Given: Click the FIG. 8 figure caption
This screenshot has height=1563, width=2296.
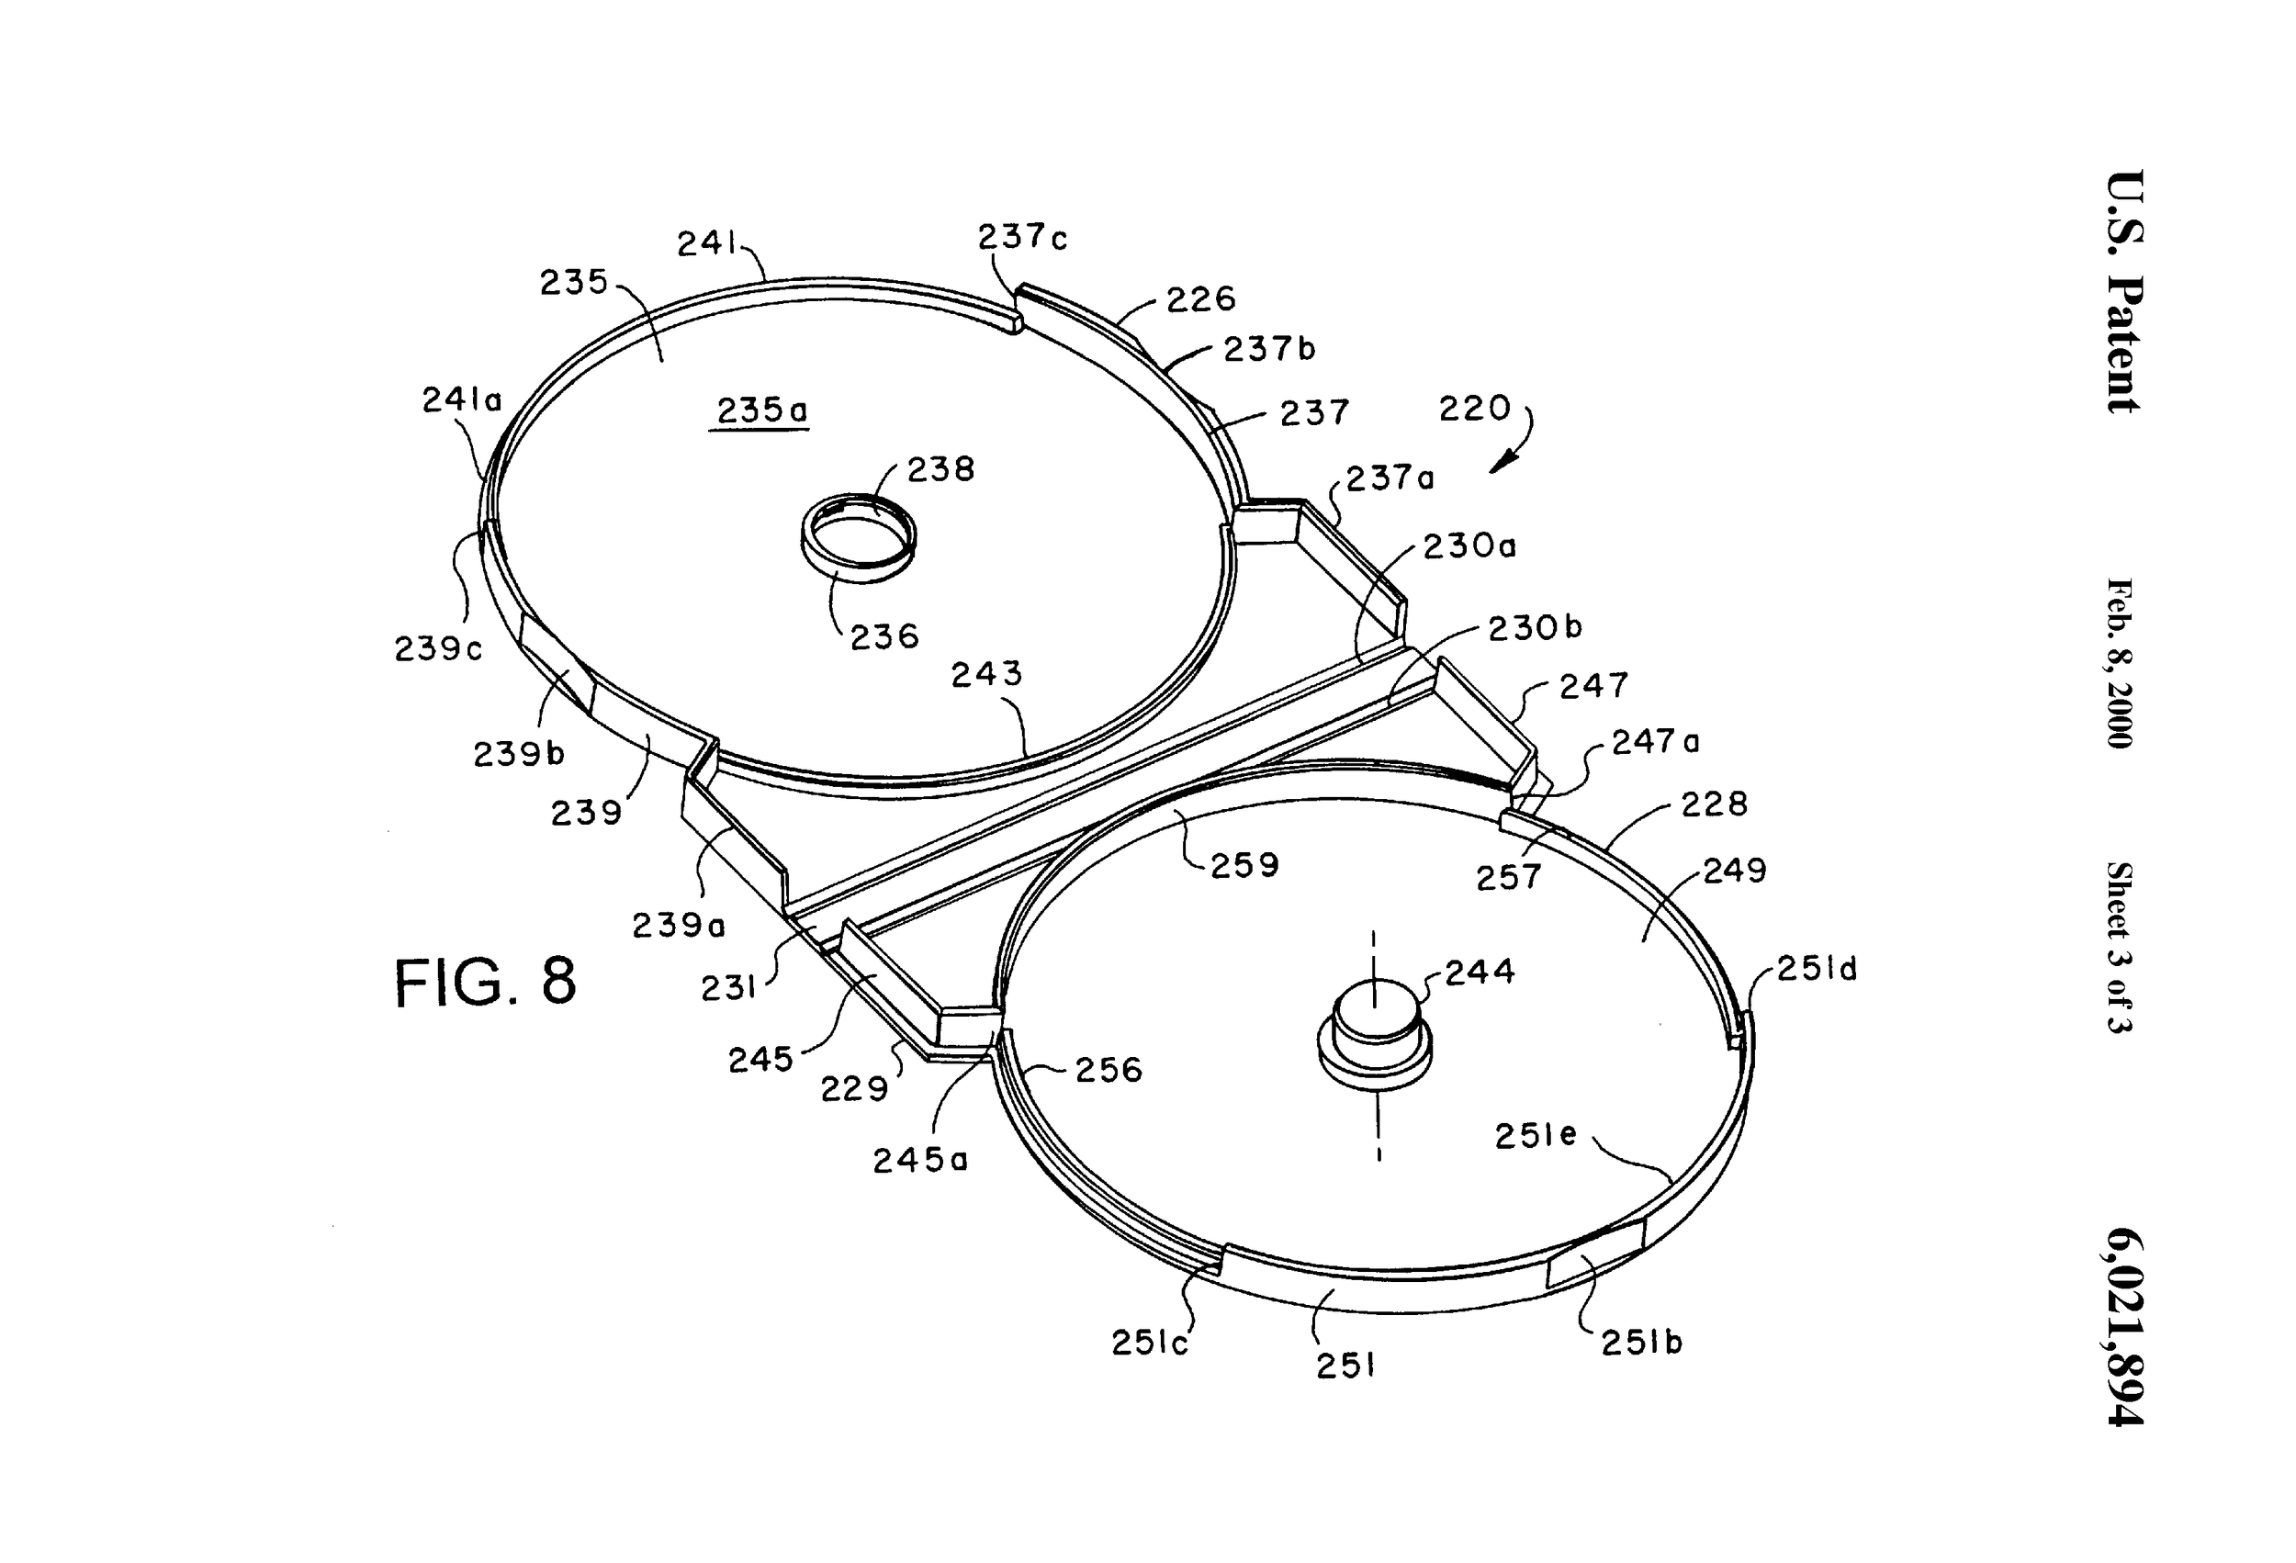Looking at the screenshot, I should [484, 982].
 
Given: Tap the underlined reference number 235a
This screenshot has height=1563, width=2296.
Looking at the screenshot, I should [760, 410].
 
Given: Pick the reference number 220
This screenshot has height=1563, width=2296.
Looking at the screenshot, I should [1474, 408].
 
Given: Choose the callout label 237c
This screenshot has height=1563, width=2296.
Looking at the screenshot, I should [1022, 237].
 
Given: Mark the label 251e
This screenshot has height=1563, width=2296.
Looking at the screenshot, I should [1535, 1136].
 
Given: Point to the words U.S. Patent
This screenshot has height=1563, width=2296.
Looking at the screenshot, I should [2124, 291].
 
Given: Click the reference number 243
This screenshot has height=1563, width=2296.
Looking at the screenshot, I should [986, 674].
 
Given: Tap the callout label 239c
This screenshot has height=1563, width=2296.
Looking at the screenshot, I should [438, 649].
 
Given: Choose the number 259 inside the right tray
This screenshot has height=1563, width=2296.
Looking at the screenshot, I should [1244, 865].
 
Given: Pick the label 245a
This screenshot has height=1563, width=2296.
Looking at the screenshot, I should [920, 1160].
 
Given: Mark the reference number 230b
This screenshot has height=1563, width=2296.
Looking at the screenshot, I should [1535, 627].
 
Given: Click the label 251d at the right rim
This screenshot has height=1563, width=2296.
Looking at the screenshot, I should [1817, 969].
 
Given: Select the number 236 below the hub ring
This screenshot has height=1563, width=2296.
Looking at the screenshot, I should [884, 636].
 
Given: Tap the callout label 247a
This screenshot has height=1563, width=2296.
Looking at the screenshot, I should [1656, 741].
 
